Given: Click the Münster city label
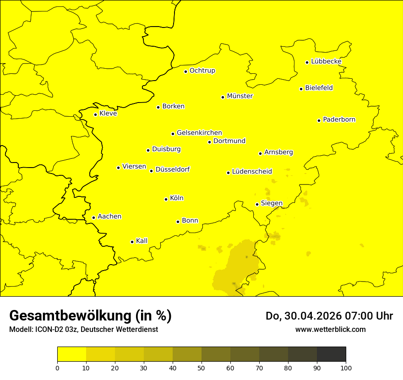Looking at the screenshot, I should pos(240,96).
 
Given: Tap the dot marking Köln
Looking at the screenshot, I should pos(166,199).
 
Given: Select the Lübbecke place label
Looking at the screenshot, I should pos(326,61).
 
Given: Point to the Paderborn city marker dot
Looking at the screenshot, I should pos(319,120).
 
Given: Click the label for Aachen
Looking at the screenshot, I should pos(109,217).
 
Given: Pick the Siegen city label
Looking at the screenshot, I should pos(272,203).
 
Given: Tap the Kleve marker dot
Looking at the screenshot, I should pos(95,114).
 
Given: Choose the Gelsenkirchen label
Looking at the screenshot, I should pos(199,133).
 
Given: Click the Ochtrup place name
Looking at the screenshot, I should pos(202,71).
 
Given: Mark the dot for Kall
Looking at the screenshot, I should pos(132,242).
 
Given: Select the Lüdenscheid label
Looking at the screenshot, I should pos(252,172).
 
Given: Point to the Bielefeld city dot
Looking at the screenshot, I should pos(301,89).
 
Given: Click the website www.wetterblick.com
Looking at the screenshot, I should pos(330,329).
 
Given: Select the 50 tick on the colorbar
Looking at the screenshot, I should pos(201,367).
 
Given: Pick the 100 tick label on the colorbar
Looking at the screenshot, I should pos(346,367).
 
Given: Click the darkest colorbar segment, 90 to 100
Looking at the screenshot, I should pos(331,354).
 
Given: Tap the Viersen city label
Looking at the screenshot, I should pos(134,167).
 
